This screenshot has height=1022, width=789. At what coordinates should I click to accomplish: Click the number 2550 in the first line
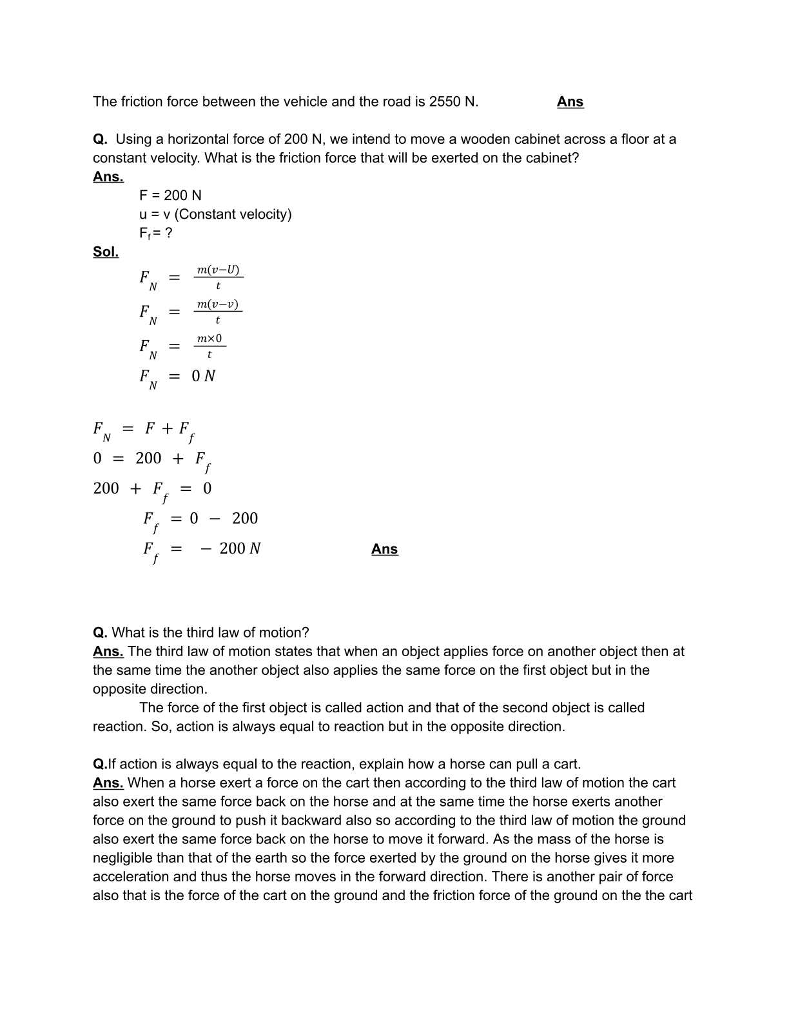pos(445,101)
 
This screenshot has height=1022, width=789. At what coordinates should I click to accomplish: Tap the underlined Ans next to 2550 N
pos(570,101)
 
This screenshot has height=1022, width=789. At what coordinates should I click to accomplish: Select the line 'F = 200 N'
pos(170,195)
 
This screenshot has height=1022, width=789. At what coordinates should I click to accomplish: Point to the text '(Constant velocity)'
pos(233,214)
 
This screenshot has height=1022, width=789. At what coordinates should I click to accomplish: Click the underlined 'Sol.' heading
pos(106,252)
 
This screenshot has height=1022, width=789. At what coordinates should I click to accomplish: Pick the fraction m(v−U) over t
pos(218,277)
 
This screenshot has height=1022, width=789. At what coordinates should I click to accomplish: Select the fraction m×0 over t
pos(209,346)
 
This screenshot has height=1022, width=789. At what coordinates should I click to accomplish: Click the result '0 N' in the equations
pos(204,376)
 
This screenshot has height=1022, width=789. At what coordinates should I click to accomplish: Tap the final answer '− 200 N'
pos(231,548)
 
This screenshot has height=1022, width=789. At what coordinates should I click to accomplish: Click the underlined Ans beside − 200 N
pos(384,549)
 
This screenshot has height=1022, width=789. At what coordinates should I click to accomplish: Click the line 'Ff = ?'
pos(155,233)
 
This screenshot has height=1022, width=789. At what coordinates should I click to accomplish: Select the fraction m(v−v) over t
pos(218,312)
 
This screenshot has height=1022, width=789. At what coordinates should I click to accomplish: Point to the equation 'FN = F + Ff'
pos(143,430)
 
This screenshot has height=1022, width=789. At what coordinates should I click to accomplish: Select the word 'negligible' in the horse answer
pos(124,857)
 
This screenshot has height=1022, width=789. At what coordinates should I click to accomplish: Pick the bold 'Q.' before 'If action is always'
pos(99,764)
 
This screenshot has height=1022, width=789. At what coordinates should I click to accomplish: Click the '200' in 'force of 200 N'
pos(295,139)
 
